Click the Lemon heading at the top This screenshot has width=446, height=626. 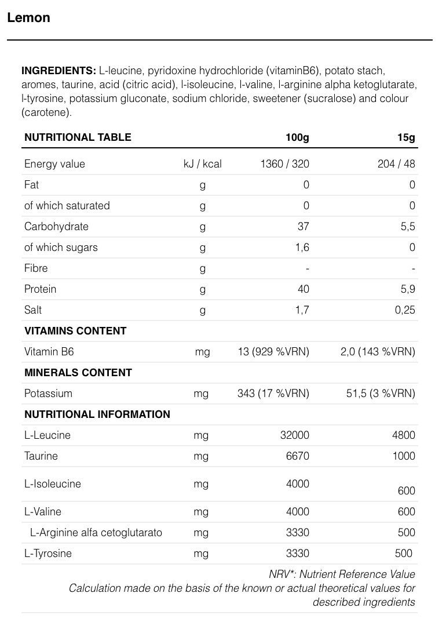28,17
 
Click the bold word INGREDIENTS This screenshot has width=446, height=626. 58,71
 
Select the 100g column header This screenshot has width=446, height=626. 297,137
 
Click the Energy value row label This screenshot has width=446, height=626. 54,164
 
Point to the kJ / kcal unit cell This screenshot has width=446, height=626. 202,164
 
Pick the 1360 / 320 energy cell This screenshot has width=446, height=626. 284,164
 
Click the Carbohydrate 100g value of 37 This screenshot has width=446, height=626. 303,227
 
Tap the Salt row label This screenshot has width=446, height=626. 34,310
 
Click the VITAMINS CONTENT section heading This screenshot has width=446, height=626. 75,331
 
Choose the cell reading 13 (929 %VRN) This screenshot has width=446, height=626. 274,352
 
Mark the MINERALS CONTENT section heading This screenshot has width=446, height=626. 78,373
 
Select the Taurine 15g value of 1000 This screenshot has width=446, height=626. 403,456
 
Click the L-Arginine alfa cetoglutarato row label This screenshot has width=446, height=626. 96,533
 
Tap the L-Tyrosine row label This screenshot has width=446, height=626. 48,554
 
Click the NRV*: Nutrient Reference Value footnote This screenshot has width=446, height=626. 342,574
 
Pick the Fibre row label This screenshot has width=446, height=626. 36,268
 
